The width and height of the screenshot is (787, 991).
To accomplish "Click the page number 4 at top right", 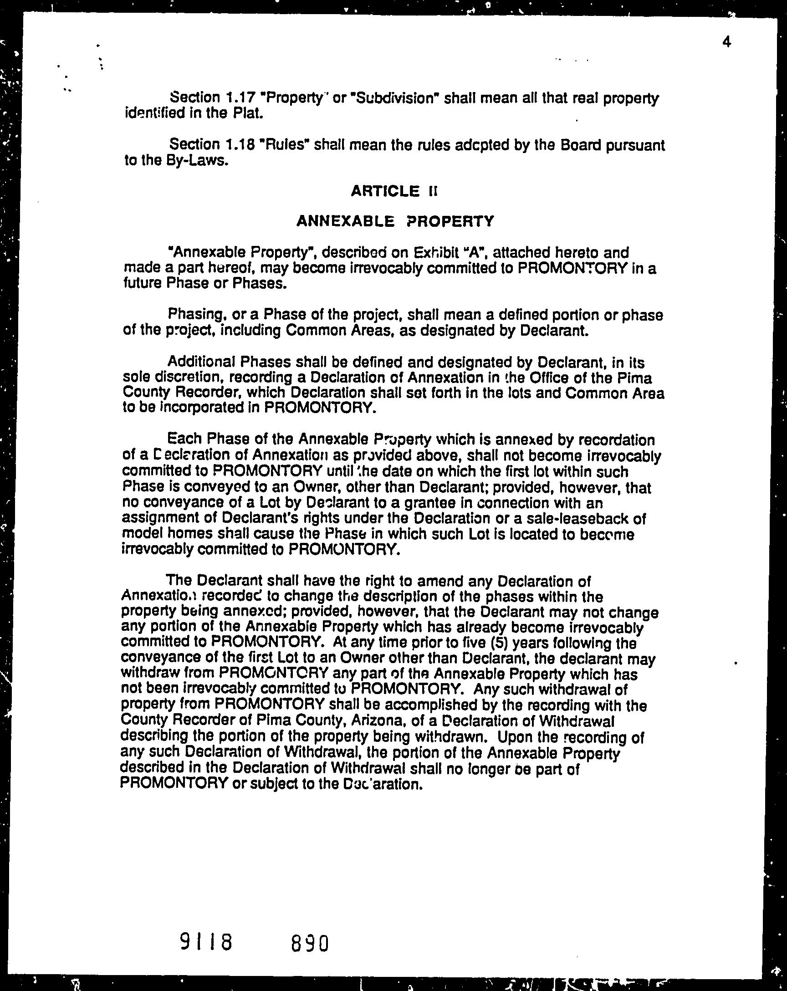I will (x=726, y=43).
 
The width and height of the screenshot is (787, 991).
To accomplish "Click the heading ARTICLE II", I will (x=394, y=191).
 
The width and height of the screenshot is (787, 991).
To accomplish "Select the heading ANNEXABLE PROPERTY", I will (x=395, y=221).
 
